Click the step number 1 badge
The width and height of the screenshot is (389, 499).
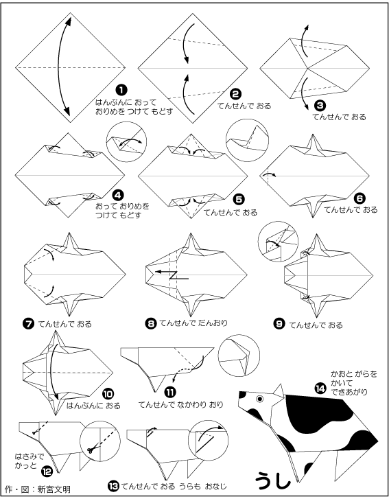(x=121, y=90)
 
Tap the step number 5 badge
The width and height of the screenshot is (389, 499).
(x=239, y=199)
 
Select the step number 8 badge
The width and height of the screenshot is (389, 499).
(x=150, y=323)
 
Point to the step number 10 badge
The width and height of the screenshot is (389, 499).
(x=108, y=394)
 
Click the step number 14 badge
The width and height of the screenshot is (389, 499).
(x=320, y=388)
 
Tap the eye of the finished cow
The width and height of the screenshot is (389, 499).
(x=261, y=398)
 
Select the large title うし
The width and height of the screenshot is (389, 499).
(x=273, y=479)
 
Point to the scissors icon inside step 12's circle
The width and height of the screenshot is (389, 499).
(x=91, y=450)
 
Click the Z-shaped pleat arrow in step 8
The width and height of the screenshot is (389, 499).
(x=172, y=275)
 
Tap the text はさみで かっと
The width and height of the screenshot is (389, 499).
(x=30, y=461)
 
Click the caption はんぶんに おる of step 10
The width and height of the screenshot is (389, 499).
(x=93, y=406)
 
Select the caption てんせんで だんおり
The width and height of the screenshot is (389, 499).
(x=193, y=323)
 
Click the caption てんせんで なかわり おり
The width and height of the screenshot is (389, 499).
(x=181, y=404)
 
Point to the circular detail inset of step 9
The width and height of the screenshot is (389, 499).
(x=278, y=242)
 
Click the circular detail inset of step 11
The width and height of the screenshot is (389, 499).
(x=239, y=355)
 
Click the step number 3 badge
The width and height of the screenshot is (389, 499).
(x=320, y=106)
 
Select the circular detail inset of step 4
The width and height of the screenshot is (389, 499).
(x=127, y=141)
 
